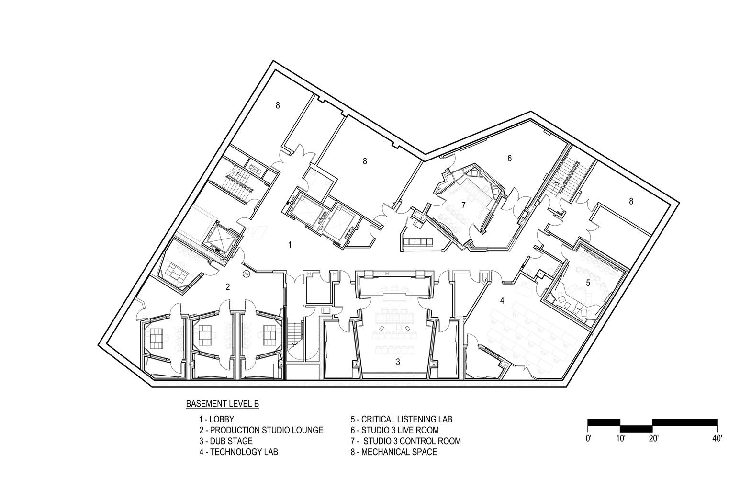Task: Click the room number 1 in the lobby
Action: point(290,245)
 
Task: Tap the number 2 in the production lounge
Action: point(228,287)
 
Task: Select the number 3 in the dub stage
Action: point(398,361)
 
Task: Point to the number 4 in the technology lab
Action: point(502,301)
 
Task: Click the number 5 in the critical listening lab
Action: point(588,283)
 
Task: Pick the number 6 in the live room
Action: point(509,158)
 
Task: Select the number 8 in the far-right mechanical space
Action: point(631,202)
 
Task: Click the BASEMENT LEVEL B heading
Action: point(223,404)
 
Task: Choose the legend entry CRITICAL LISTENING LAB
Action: point(401,419)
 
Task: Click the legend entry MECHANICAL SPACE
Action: point(393,452)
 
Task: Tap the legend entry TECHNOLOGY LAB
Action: point(238,452)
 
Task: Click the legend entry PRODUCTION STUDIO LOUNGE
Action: point(261,430)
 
